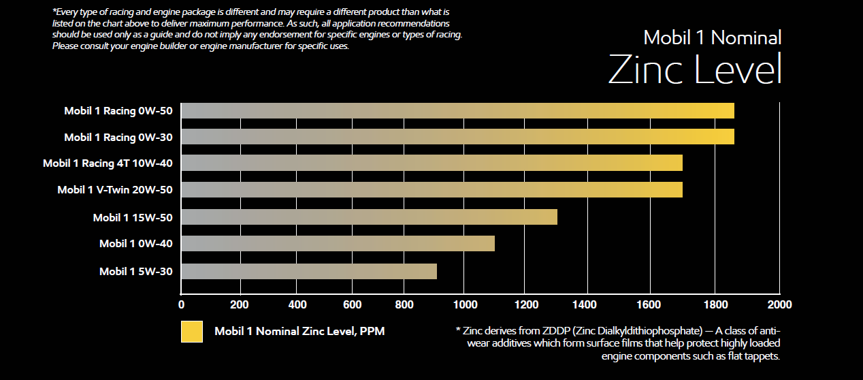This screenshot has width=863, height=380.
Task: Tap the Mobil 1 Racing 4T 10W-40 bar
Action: tap(431, 163)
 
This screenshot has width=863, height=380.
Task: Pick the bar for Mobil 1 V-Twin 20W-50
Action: tap(431, 189)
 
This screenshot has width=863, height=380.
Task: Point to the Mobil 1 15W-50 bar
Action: tap(369, 217)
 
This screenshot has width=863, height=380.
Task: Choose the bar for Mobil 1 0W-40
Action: tap(338, 243)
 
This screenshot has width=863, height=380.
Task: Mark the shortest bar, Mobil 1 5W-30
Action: tap(309, 271)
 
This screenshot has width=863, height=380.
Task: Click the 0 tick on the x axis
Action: tap(181, 304)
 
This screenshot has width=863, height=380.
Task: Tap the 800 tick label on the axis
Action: tap(406, 304)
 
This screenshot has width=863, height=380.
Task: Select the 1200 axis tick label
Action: tap(525, 304)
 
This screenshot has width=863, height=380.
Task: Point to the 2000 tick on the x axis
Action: tap(779, 304)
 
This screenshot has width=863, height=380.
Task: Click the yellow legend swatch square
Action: tap(192, 332)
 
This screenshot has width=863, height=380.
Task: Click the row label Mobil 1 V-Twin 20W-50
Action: tap(114, 190)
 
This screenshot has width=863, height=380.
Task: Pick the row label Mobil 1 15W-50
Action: tap(133, 217)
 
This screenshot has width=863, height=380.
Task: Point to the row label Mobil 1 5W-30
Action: tap(135, 271)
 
